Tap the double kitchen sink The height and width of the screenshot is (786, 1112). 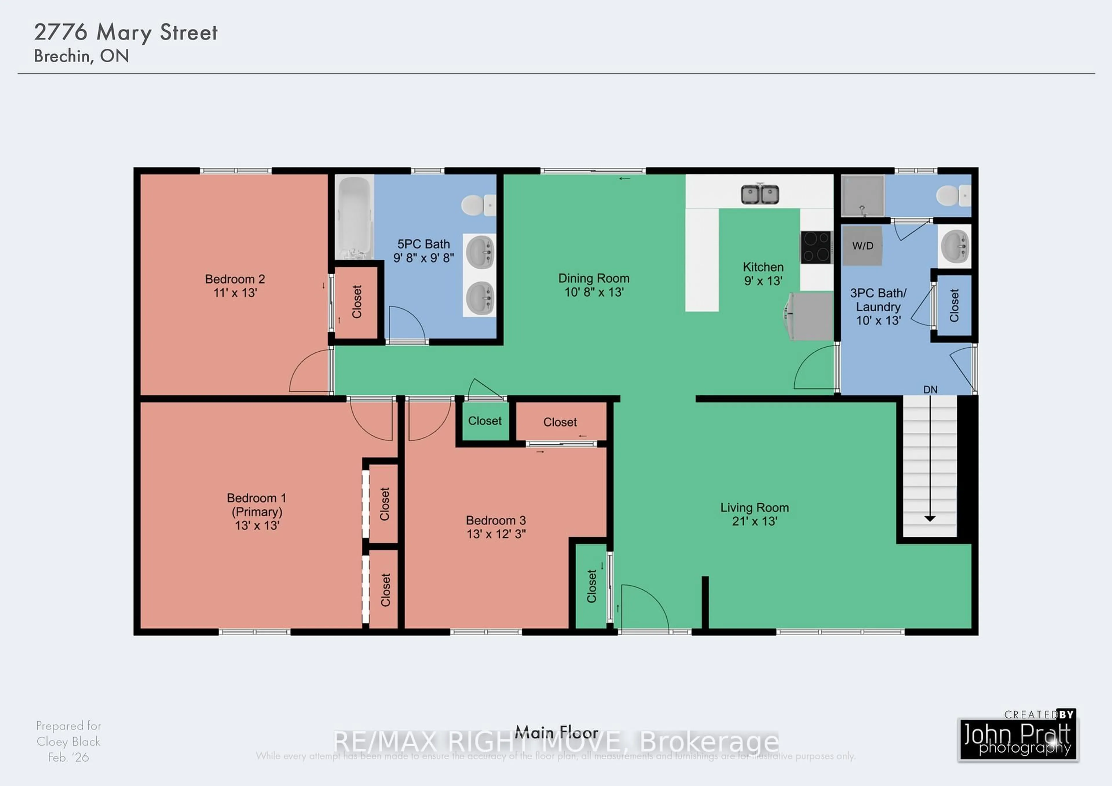click(x=760, y=195)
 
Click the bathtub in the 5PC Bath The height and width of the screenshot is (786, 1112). click(x=354, y=217)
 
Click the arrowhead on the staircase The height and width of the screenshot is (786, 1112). click(x=930, y=518)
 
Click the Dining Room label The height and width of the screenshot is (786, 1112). click(x=594, y=279)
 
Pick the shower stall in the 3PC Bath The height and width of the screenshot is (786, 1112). click(x=863, y=196)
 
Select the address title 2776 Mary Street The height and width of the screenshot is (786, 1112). click(x=126, y=32)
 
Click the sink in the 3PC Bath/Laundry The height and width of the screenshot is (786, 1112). click(x=954, y=246)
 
